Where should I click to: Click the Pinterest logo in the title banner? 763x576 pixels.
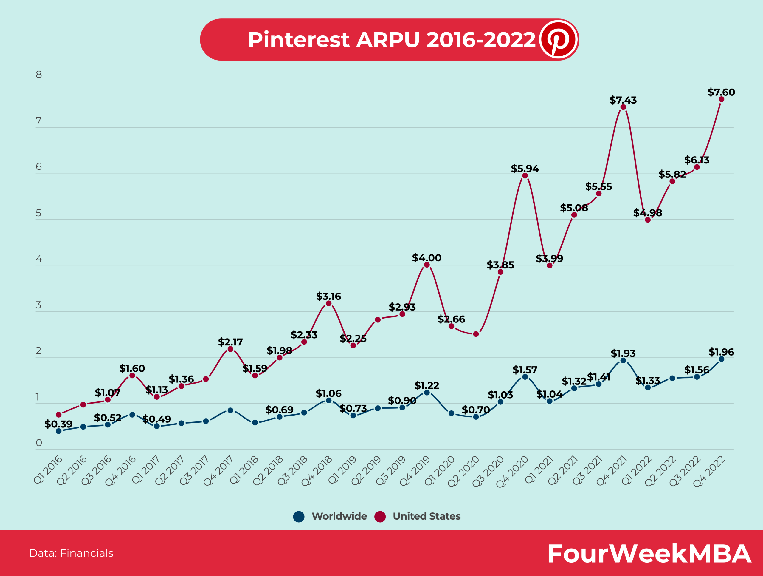[559, 39]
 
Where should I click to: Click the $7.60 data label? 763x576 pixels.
[721, 92]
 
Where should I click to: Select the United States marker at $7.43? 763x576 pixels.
[623, 107]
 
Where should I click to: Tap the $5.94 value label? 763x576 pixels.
[525, 169]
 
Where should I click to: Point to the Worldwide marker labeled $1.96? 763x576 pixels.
[721, 359]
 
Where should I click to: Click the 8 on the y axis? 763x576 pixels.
[39, 75]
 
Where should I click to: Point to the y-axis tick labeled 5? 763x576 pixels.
[39, 213]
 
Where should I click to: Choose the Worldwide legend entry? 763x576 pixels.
[330, 516]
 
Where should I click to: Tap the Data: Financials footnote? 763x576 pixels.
[72, 553]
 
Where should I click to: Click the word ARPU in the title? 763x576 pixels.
[388, 40]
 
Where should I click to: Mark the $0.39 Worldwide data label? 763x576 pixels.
[58, 424]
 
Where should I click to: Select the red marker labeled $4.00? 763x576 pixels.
[427, 265]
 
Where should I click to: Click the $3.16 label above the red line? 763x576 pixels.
[328, 296]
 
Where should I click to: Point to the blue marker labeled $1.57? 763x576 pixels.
[525, 377]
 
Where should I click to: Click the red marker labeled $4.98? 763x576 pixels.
[648, 220]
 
